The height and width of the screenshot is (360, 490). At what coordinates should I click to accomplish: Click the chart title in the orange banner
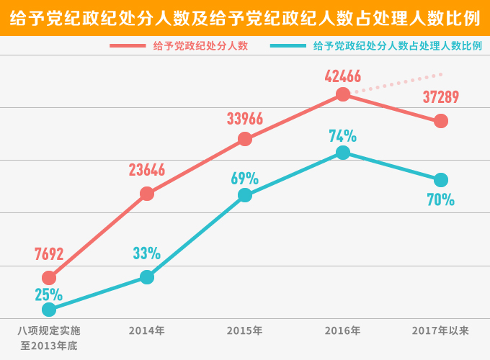(245, 18)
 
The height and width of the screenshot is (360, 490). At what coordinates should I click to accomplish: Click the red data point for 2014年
(147, 193)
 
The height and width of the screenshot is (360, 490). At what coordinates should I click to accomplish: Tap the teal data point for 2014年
(147, 277)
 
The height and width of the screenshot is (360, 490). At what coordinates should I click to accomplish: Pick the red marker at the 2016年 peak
(343, 94)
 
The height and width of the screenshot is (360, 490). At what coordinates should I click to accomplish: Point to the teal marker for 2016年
(343, 153)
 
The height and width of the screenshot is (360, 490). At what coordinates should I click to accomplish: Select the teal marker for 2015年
(245, 195)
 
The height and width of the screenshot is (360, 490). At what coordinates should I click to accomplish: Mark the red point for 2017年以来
(441, 121)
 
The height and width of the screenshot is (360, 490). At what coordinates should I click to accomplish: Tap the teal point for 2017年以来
(441, 179)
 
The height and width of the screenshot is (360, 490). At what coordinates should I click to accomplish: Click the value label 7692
(49, 254)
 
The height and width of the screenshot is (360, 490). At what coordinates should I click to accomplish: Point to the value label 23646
(147, 170)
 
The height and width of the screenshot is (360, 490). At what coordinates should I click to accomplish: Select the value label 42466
(343, 76)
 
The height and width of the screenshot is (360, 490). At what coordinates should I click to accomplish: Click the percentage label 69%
(245, 178)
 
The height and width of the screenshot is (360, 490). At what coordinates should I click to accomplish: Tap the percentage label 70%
(441, 200)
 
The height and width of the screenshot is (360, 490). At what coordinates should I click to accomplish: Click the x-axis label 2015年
(245, 330)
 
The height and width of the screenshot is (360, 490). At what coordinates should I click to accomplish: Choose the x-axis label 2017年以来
(441, 330)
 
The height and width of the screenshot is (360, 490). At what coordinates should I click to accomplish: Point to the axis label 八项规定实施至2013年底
(49, 338)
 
